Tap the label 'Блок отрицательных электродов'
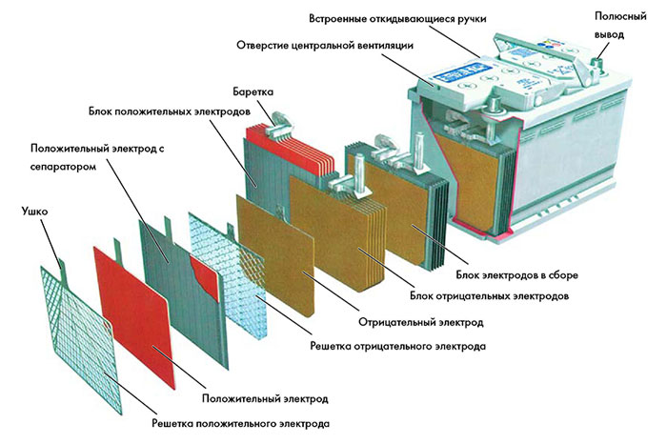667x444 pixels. click(497, 296)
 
